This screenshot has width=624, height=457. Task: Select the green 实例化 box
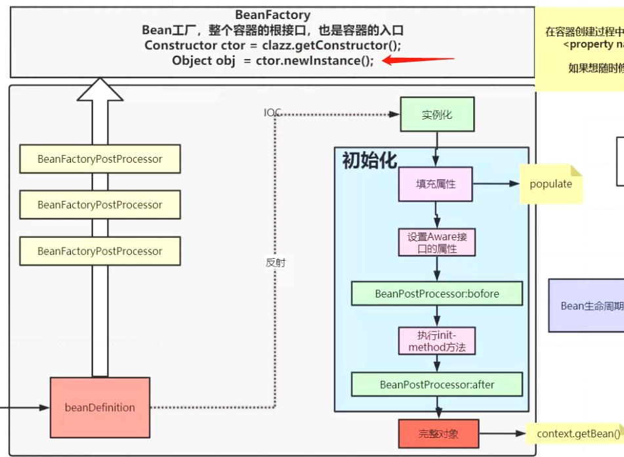(436, 114)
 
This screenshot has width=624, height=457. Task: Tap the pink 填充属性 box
(436, 184)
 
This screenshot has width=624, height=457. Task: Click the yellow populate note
(551, 184)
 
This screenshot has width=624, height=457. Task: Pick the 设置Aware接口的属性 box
(437, 242)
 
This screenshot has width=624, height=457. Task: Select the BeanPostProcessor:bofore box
(437, 294)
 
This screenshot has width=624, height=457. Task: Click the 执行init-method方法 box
(437, 341)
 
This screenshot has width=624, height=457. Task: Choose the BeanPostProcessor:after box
(437, 385)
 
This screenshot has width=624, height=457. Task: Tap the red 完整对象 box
(439, 433)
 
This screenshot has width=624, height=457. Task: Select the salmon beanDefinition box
(100, 407)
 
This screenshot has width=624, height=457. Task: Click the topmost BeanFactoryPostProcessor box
(100, 159)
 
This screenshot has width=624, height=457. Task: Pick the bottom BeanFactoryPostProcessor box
(100, 251)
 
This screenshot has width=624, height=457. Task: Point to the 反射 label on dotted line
(276, 262)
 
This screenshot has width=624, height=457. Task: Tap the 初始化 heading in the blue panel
(369, 160)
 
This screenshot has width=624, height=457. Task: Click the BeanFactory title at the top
(272, 14)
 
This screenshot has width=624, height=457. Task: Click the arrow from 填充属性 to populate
(497, 184)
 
